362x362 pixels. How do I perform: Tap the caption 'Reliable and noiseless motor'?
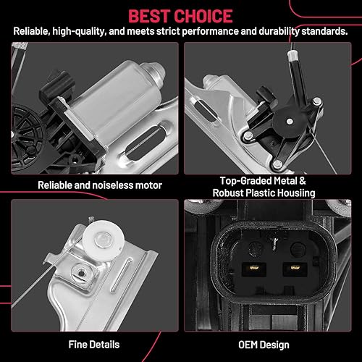click(x=90, y=185)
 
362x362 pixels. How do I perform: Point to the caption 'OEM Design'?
click(x=271, y=344)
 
